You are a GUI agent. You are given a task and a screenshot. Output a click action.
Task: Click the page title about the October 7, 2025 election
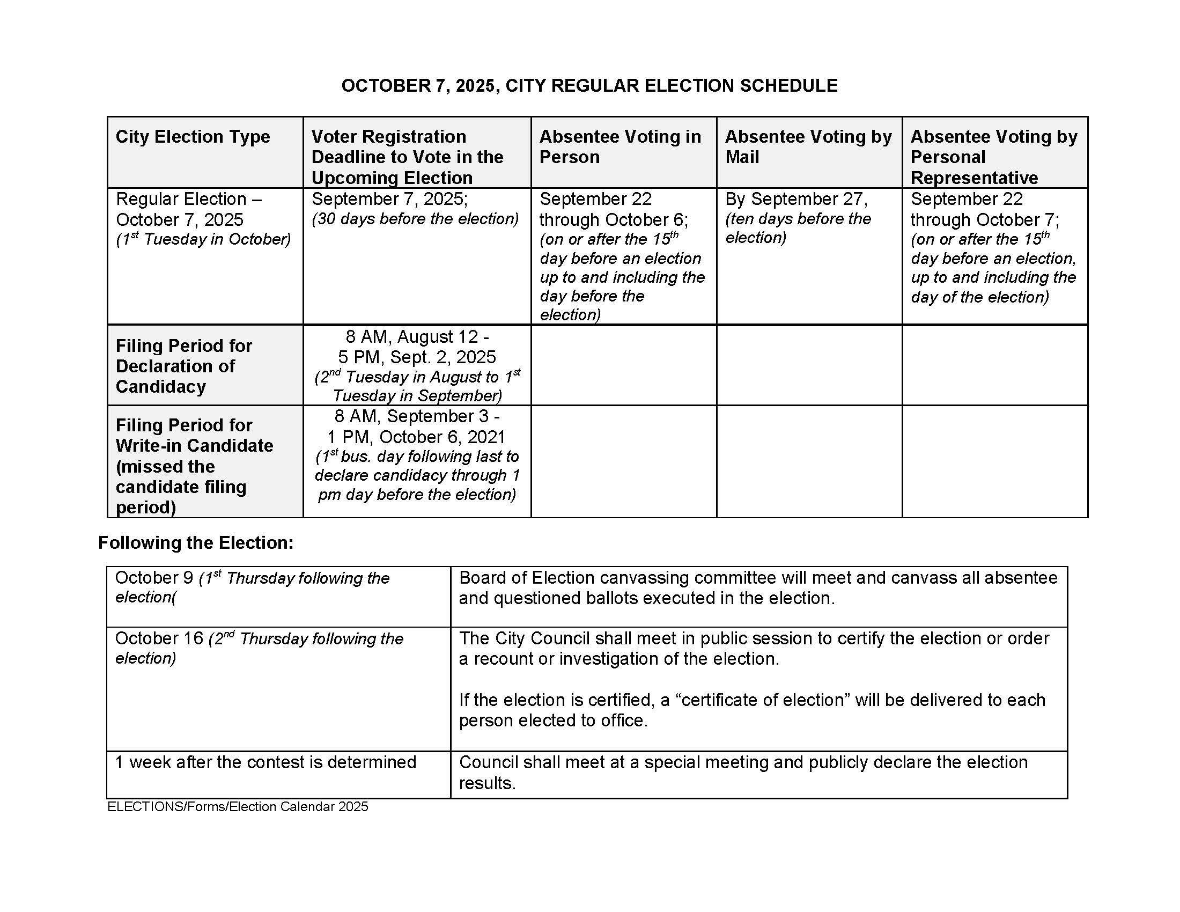click(x=589, y=86)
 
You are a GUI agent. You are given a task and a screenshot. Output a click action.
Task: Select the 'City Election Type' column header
click(x=193, y=137)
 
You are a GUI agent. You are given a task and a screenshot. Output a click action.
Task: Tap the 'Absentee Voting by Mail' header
click(x=808, y=146)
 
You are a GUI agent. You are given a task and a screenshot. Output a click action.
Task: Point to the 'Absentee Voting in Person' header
click(x=620, y=146)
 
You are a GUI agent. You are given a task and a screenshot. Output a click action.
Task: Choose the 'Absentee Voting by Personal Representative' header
click(x=993, y=157)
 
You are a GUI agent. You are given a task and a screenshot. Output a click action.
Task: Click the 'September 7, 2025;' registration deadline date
click(x=389, y=199)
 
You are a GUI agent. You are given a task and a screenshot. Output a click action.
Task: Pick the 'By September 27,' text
click(x=796, y=199)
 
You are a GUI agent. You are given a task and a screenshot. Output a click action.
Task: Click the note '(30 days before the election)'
click(x=415, y=219)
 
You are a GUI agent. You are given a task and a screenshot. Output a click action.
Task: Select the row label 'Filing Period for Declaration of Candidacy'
click(x=183, y=366)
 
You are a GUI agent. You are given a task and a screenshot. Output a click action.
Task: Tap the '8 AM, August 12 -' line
click(x=417, y=336)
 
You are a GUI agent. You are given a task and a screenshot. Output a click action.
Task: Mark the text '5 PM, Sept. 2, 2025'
click(x=417, y=357)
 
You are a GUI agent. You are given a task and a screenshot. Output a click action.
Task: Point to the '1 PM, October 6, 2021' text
click(x=416, y=437)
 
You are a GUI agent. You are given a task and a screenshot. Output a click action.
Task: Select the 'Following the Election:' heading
click(x=196, y=542)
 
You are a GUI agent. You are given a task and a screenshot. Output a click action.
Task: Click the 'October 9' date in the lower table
click(x=154, y=578)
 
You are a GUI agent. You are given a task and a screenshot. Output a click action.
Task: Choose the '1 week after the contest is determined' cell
click(x=265, y=762)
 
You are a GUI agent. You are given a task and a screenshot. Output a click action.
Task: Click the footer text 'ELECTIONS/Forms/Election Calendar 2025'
click(x=238, y=807)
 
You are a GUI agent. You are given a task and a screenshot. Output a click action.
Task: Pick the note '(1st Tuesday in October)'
click(x=203, y=239)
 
